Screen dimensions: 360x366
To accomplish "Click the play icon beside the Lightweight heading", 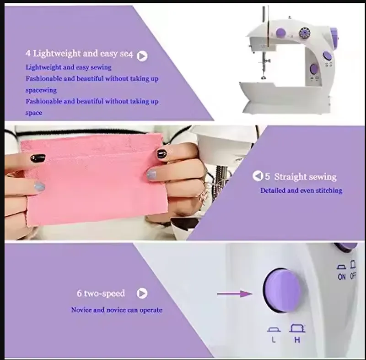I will [x=142, y=56].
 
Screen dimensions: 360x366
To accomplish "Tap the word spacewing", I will [x=41, y=90].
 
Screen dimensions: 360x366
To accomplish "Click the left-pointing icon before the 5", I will [x=257, y=176].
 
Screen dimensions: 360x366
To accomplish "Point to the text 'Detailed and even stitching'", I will [x=301, y=190].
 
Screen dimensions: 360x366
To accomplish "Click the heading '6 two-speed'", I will [x=101, y=293].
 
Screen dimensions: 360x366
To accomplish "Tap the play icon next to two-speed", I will [x=142, y=293].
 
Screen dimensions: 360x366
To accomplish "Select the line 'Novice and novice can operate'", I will [x=117, y=310].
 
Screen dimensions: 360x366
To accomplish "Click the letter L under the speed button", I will [x=274, y=340].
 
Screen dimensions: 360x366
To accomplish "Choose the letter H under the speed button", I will [x=297, y=340].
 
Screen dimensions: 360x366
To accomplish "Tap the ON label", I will [x=342, y=277].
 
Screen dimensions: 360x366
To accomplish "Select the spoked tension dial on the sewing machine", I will [x=303, y=33].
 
